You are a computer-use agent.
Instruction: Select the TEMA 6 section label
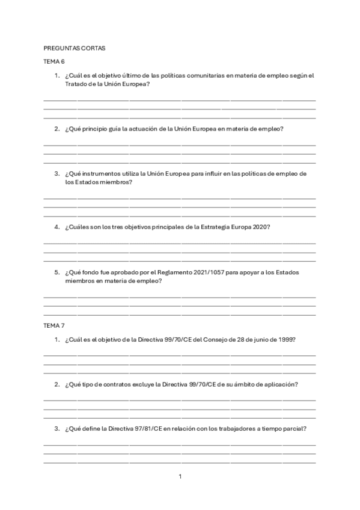pos(54,62)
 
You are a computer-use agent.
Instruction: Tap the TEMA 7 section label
pos(54,325)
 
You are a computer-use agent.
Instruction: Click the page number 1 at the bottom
pos(180,477)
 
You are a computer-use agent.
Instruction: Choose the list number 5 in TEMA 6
pos(56,272)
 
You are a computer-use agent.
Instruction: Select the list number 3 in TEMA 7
pos(56,428)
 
